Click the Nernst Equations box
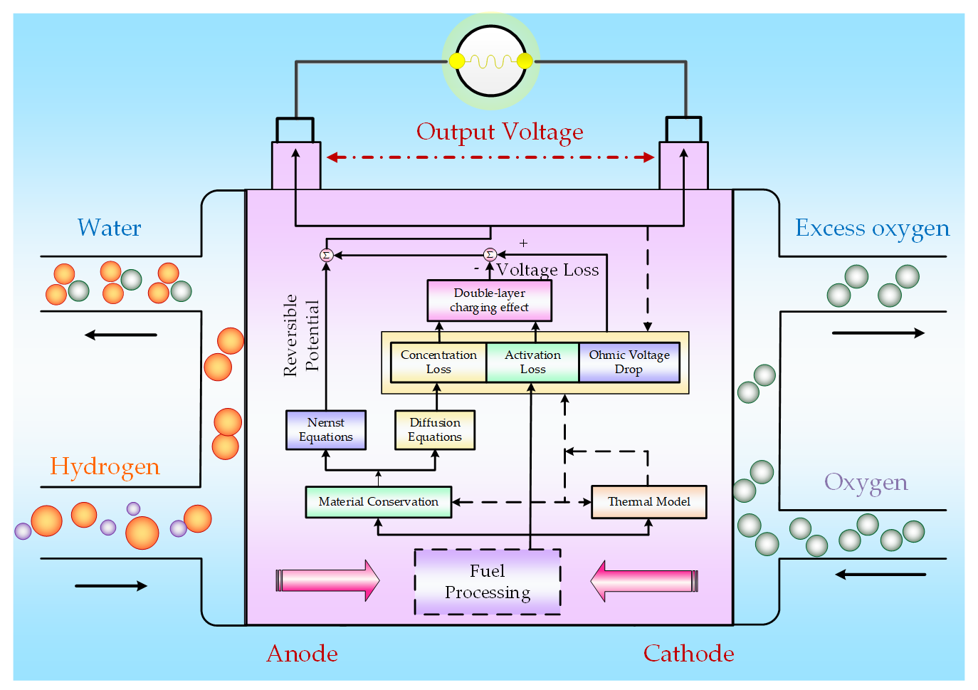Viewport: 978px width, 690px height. pyautogui.click(x=326, y=430)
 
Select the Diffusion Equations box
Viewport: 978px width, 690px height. pyautogui.click(x=435, y=430)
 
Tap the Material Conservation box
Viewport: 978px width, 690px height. pyautogui.click(x=378, y=502)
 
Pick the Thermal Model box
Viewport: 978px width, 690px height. pyautogui.click(x=648, y=502)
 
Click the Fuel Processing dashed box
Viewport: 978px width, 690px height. pyautogui.click(x=488, y=582)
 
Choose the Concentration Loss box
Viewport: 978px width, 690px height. pyautogui.click(x=438, y=362)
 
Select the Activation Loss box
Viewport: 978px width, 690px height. pyautogui.click(x=532, y=362)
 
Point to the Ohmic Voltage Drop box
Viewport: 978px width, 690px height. pyautogui.click(x=629, y=362)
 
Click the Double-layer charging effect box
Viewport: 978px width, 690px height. pyautogui.click(x=489, y=300)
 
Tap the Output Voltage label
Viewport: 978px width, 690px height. pyautogui.click(x=500, y=132)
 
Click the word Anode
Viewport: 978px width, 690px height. pyautogui.click(x=302, y=654)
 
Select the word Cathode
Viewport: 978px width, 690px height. pyautogui.click(x=688, y=654)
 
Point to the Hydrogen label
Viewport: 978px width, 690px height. pyautogui.click(x=105, y=466)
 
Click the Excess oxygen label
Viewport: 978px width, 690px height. pyautogui.click(x=872, y=229)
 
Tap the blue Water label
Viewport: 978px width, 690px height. pyautogui.click(x=109, y=228)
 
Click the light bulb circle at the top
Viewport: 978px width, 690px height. pyautogui.click(x=490, y=61)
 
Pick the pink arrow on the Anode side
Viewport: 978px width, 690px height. pyautogui.click(x=327, y=580)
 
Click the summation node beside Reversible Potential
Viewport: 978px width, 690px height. pyautogui.click(x=326, y=255)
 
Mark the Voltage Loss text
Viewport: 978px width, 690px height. pyautogui.click(x=547, y=270)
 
